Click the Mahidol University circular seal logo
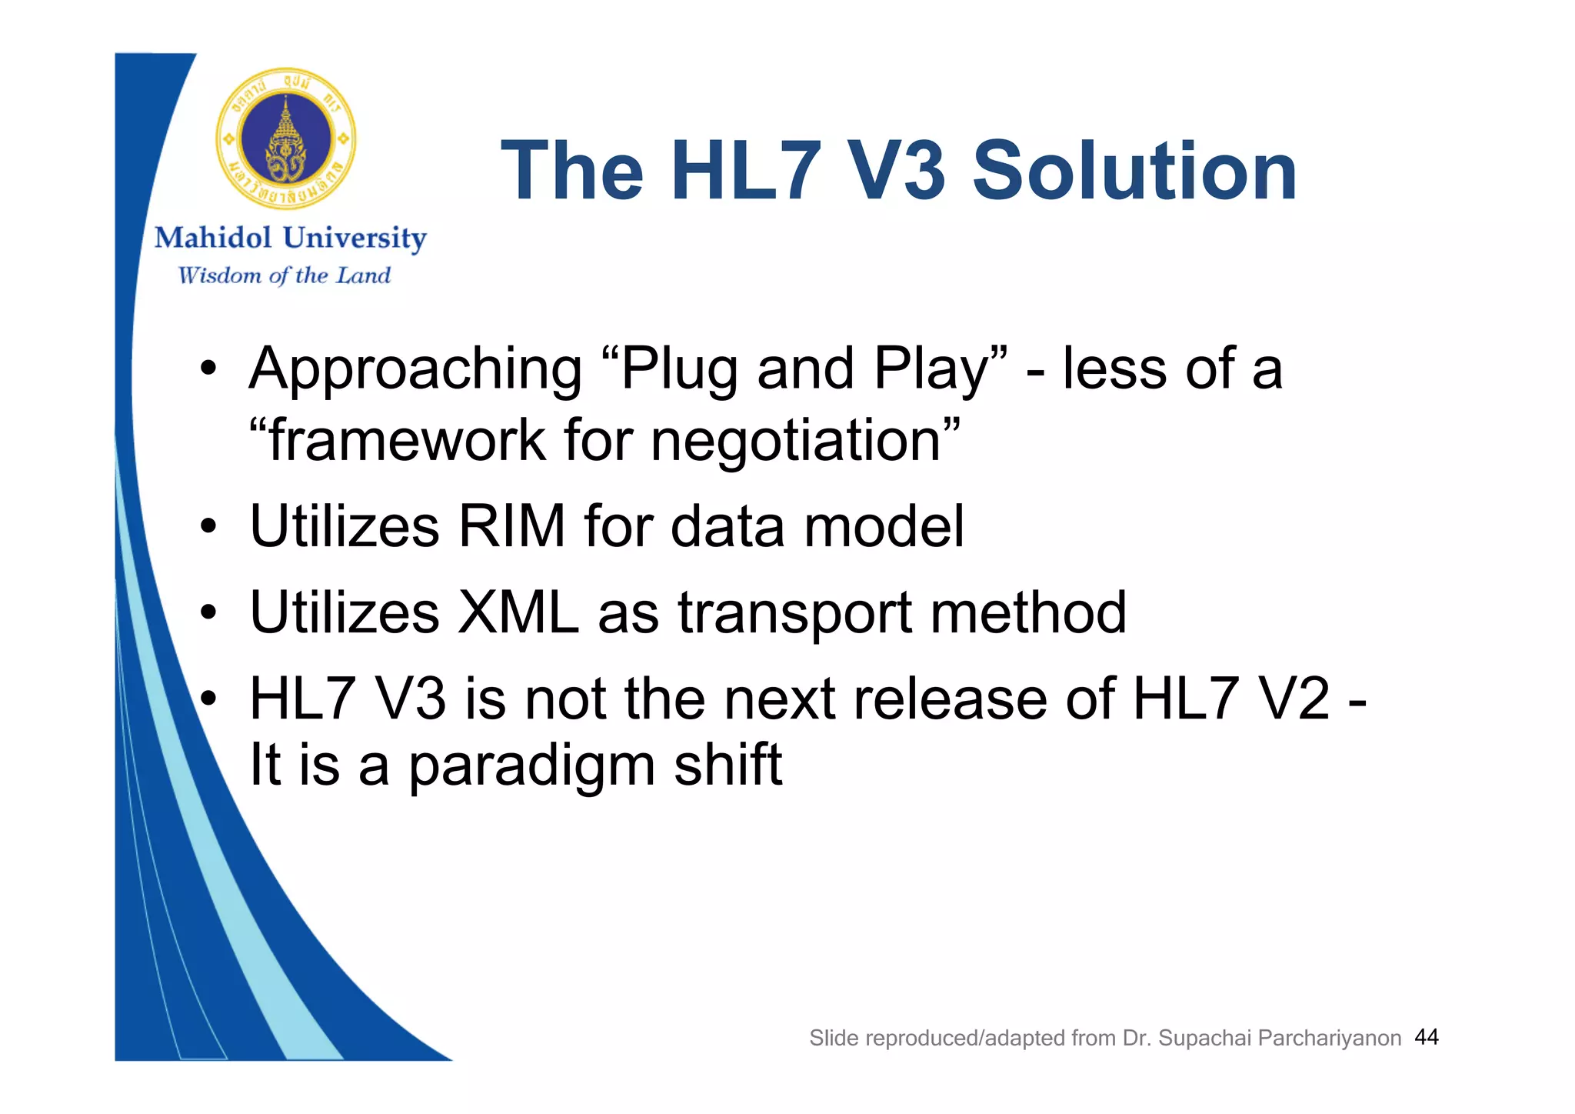[286, 139]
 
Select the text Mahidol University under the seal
[290, 238]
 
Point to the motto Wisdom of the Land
[284, 275]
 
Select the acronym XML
[518, 613]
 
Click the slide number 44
[1427, 1037]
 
